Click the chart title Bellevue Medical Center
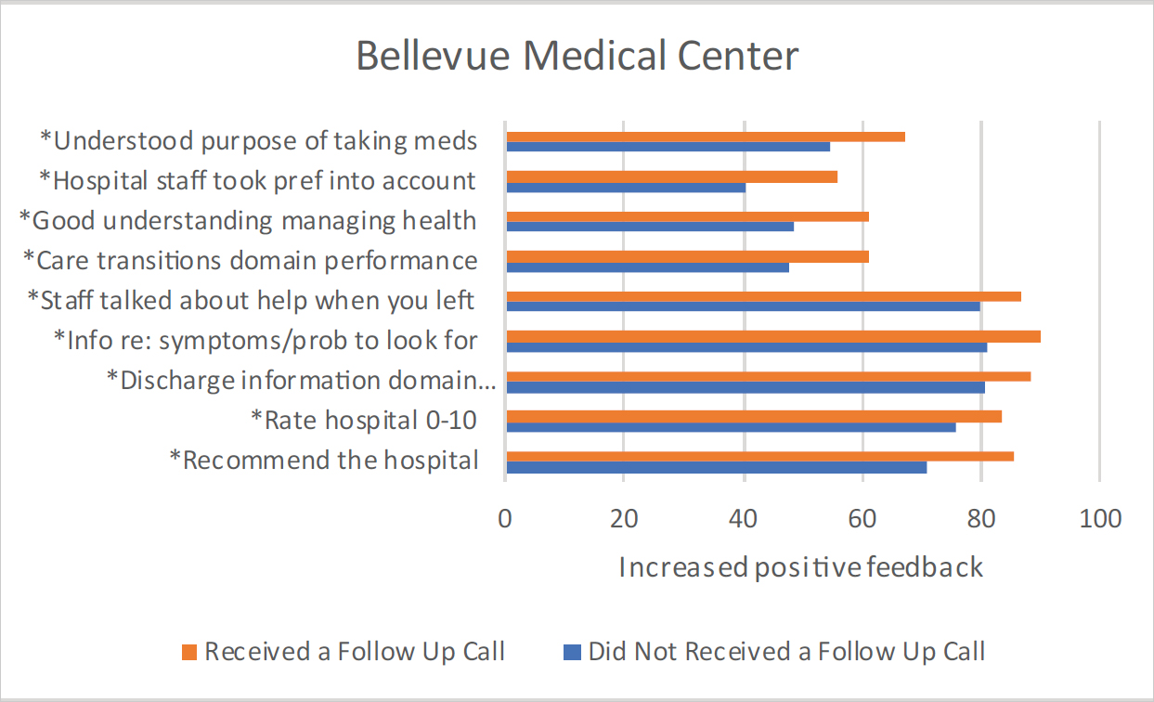577,57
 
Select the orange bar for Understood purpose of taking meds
705,136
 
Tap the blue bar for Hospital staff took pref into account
625,188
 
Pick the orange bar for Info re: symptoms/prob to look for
772,336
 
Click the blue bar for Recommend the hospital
716,467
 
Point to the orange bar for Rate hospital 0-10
753,416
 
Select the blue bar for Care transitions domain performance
647,267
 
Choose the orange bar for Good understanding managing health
687,216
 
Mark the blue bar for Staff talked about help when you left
743,306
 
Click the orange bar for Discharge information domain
768,376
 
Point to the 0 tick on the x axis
505,518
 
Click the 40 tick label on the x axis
744,518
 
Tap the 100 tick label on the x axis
1100,518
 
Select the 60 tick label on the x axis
862,518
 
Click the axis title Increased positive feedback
800,566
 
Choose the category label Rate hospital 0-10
364,420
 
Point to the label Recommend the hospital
324,460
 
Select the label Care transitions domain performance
251,260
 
